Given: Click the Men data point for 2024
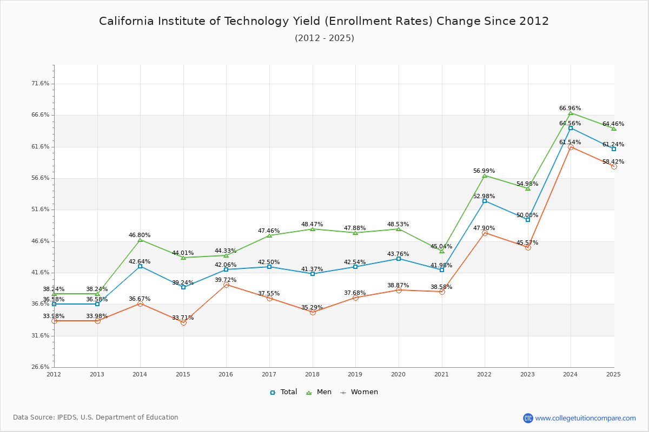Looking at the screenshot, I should (x=571, y=113).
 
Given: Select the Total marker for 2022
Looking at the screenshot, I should (x=485, y=201).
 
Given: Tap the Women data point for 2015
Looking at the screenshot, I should (x=183, y=322).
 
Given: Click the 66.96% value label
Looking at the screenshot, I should (x=570, y=109).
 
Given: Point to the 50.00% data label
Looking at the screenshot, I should (x=527, y=215).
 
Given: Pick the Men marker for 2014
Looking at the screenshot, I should (x=140, y=240).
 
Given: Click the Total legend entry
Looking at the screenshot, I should (x=283, y=392).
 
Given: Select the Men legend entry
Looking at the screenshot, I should (x=319, y=392).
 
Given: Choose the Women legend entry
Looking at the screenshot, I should (x=359, y=392).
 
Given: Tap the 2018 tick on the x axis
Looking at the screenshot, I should (x=312, y=374).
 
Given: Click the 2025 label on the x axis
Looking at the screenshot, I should (x=613, y=374).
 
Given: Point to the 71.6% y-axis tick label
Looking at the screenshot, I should (x=41, y=84).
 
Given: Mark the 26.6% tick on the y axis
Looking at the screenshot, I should (x=41, y=367).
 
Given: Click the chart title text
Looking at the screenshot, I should (x=324, y=21).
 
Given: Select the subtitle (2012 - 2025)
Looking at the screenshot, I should (x=325, y=38).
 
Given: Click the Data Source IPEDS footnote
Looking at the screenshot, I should (x=96, y=417).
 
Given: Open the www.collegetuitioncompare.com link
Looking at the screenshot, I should (x=585, y=418).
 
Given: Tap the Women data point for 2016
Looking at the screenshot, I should (x=226, y=285).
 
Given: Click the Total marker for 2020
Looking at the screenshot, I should (x=399, y=259).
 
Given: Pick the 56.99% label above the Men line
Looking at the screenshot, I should (x=484, y=171).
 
